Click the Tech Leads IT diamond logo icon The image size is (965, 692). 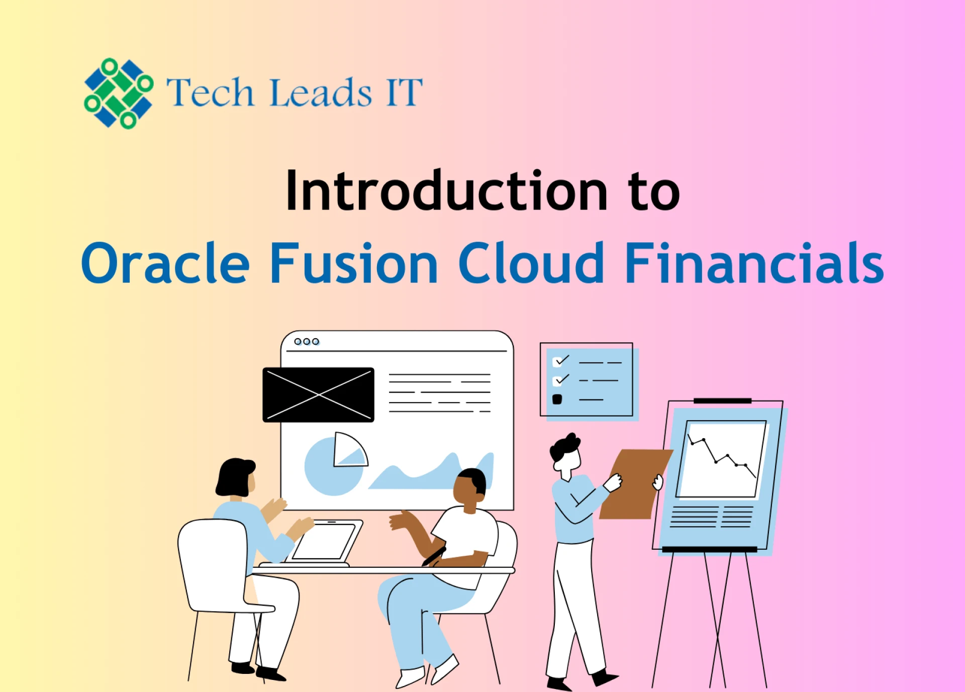pyautogui.click(x=119, y=93)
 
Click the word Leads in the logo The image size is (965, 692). pyautogui.click(x=321, y=92)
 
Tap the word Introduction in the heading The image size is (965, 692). pyautogui.click(x=447, y=191)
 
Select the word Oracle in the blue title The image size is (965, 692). pyautogui.click(x=165, y=263)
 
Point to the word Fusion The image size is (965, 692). pyautogui.click(x=354, y=263)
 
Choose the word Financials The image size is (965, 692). pyautogui.click(x=754, y=263)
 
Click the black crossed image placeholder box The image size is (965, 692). pyautogui.click(x=318, y=395)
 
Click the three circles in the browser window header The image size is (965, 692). pyautogui.click(x=307, y=342)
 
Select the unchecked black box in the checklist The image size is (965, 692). pyautogui.click(x=557, y=400)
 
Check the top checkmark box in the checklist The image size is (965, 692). pyautogui.click(x=557, y=362)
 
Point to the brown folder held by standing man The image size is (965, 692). pyautogui.click(x=634, y=483)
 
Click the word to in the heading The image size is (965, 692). pyautogui.click(x=654, y=191)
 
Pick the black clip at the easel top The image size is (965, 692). pyautogui.click(x=722, y=401)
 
